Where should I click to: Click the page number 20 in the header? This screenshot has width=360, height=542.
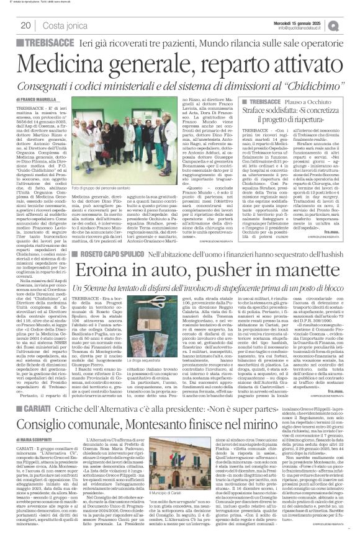[x=27, y=25]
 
